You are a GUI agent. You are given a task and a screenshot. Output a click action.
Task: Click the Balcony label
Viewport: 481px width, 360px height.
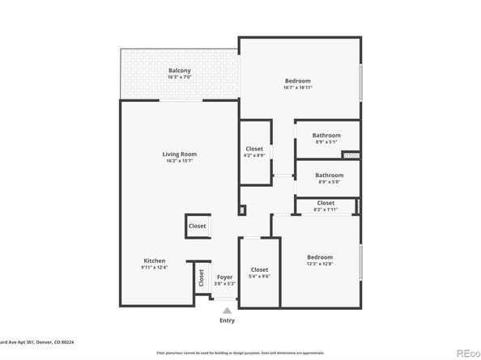(x=179, y=71)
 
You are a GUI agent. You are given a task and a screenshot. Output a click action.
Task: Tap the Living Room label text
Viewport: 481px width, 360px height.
(x=179, y=154)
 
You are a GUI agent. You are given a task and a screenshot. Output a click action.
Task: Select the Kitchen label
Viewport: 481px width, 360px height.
(x=155, y=260)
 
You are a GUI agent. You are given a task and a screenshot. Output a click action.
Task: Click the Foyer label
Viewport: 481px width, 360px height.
(x=224, y=277)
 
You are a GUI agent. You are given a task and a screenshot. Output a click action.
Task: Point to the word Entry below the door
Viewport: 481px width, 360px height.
(x=227, y=321)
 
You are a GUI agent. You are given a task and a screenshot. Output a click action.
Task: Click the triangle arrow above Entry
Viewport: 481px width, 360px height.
(x=227, y=310)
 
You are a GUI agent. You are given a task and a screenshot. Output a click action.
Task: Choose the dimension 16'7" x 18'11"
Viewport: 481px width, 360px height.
(x=298, y=88)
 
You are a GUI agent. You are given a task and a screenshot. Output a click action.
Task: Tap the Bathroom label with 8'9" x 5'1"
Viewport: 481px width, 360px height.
(x=327, y=135)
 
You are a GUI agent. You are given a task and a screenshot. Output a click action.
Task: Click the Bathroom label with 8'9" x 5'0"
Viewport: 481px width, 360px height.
(x=329, y=175)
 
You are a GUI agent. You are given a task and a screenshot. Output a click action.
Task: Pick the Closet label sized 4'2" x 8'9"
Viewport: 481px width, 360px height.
(x=254, y=149)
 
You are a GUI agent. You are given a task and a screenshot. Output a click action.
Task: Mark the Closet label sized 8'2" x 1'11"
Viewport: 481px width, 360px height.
(x=326, y=203)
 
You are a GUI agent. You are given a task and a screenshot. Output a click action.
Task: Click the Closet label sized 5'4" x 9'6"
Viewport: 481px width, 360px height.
(x=259, y=269)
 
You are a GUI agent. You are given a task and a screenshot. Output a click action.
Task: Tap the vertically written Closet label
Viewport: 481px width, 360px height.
(x=200, y=277)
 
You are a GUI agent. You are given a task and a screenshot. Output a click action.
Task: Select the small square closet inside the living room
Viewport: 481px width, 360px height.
(x=198, y=227)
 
